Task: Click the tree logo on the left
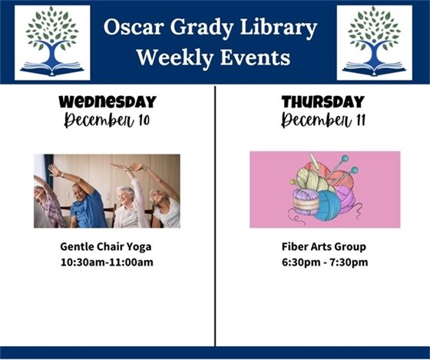(52, 43)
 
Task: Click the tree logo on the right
(374, 43)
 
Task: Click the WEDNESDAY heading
(107, 102)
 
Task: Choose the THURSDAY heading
(323, 102)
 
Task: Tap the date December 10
(107, 120)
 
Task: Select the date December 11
(323, 120)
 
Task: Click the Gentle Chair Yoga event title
(107, 247)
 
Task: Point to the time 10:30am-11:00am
(107, 263)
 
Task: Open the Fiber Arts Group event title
(323, 247)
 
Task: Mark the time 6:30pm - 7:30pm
(323, 263)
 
